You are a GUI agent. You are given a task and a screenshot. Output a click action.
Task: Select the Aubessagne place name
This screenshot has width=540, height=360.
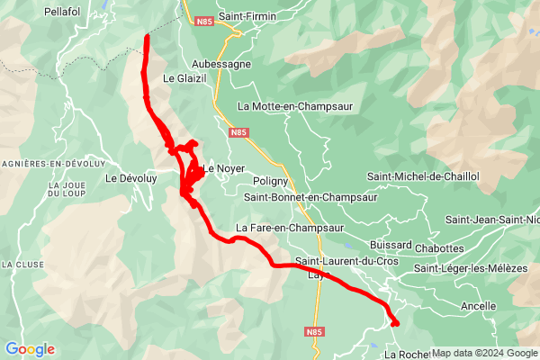click(222, 64)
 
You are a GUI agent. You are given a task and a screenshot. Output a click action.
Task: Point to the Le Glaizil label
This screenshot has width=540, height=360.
click(184, 78)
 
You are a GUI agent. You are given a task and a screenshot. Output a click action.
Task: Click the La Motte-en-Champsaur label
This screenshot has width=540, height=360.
click(295, 105)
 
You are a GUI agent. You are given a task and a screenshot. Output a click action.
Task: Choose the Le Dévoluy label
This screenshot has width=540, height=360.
click(131, 178)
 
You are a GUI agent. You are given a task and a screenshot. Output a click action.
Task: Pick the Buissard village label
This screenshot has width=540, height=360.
click(391, 245)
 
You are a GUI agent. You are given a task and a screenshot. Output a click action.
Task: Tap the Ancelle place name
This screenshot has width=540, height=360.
click(478, 306)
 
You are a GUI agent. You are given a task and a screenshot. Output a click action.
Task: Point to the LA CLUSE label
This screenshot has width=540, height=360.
click(19, 265)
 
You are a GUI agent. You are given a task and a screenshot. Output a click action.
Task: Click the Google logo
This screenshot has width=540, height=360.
click(30, 349)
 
